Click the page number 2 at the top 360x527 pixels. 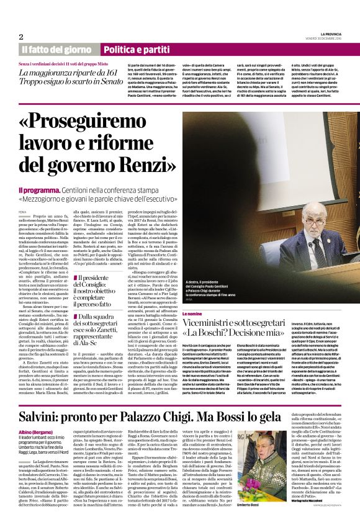(x=21, y=37)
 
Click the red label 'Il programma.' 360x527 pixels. (x=40, y=189)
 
